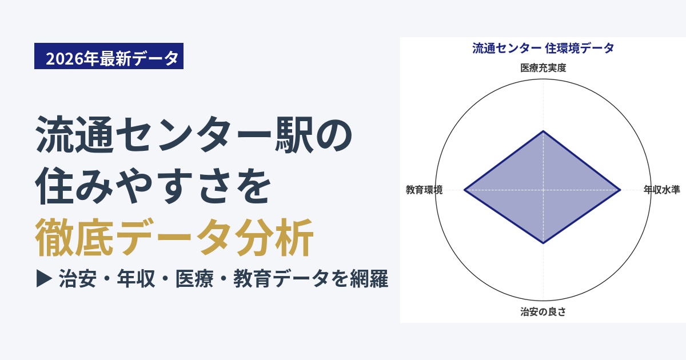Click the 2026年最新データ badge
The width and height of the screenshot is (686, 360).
point(109,56)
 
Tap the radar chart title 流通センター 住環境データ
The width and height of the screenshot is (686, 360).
point(543,49)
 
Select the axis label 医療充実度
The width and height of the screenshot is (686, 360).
point(543,67)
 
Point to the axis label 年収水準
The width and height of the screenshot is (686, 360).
point(661,190)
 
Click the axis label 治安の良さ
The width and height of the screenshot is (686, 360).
point(543,311)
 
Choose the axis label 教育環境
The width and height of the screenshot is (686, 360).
point(424,190)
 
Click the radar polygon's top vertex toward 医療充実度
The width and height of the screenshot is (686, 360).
point(543,131)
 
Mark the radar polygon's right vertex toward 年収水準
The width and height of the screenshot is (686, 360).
point(620,190)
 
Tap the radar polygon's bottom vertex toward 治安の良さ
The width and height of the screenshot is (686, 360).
point(543,243)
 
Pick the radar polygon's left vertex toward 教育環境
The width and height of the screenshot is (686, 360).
point(464,190)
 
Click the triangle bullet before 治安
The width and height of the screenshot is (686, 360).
point(44,278)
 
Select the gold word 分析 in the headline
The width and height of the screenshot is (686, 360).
point(275,237)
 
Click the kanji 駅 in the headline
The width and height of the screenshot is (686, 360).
point(294,135)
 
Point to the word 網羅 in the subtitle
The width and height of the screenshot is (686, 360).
point(369,279)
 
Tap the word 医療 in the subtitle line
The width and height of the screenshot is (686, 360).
point(194,279)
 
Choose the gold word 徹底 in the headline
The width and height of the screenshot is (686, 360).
point(74,237)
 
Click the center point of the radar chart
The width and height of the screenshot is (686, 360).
point(543,190)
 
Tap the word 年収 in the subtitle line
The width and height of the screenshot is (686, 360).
point(136,279)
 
